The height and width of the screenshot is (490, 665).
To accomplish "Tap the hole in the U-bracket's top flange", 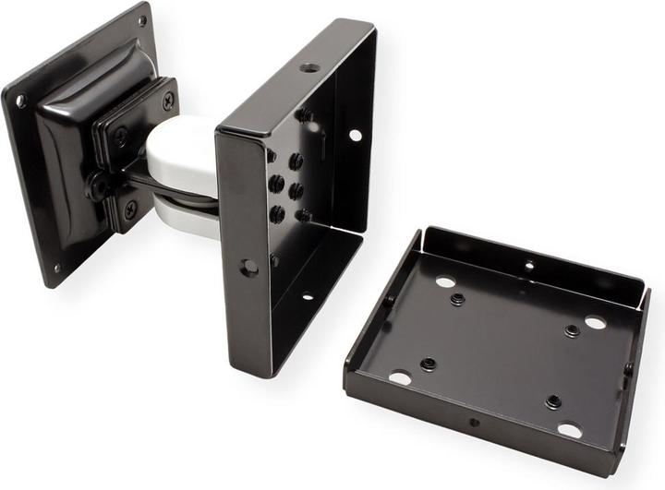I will point(310,67).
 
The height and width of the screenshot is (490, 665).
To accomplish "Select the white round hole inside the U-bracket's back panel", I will point(355,135).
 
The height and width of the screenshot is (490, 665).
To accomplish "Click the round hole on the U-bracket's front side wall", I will point(248,267).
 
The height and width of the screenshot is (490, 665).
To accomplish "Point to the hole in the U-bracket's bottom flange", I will point(307,296).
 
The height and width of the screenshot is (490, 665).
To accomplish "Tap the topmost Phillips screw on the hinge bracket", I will point(168,102).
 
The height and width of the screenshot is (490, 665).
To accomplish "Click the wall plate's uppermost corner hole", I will point(141,20).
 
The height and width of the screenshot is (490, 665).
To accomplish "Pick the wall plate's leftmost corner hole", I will point(20,101).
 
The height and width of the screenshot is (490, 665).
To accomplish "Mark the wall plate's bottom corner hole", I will point(55,269).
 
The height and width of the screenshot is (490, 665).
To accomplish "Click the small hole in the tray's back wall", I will point(528,264).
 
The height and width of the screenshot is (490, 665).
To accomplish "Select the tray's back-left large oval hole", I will point(444,281).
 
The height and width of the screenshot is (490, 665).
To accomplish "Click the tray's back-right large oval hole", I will point(595,323).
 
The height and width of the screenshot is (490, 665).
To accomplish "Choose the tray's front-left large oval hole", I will point(400,378).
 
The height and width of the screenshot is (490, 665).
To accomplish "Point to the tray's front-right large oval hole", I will point(570,430).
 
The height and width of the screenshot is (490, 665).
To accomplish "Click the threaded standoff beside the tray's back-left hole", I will point(457,299).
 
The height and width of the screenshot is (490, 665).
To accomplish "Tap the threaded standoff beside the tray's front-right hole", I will point(552,401).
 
